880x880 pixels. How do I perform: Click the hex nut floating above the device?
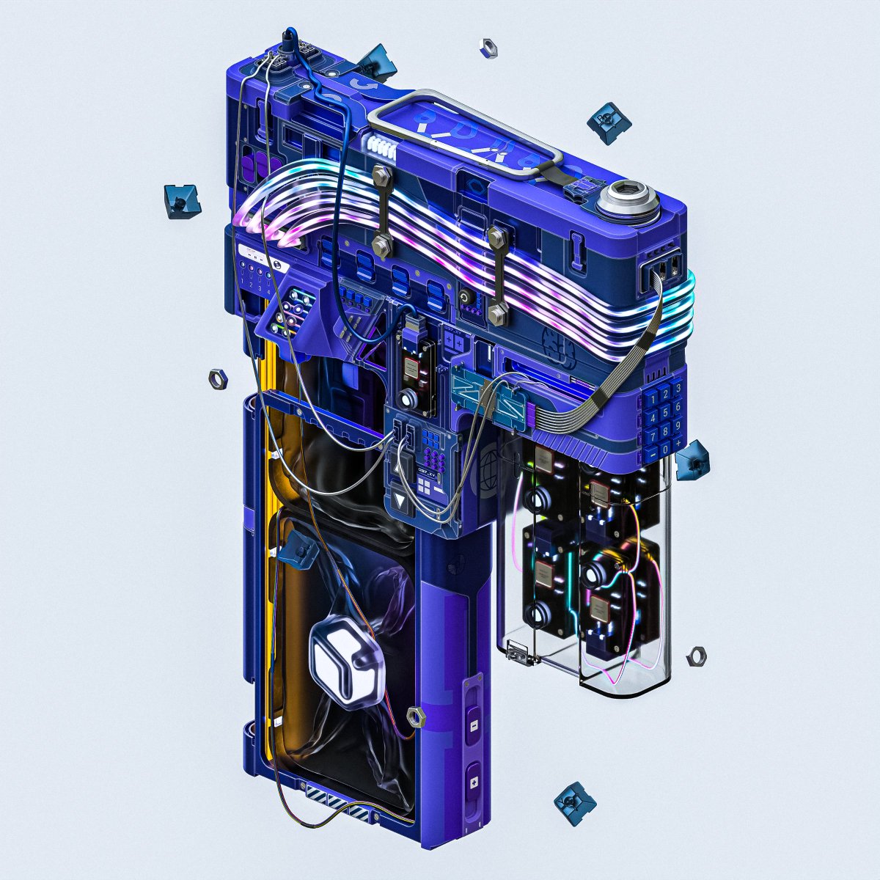click(x=488, y=48)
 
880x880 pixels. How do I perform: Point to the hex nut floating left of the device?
click(x=218, y=378)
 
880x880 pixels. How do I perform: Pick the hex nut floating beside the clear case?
click(x=697, y=656)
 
